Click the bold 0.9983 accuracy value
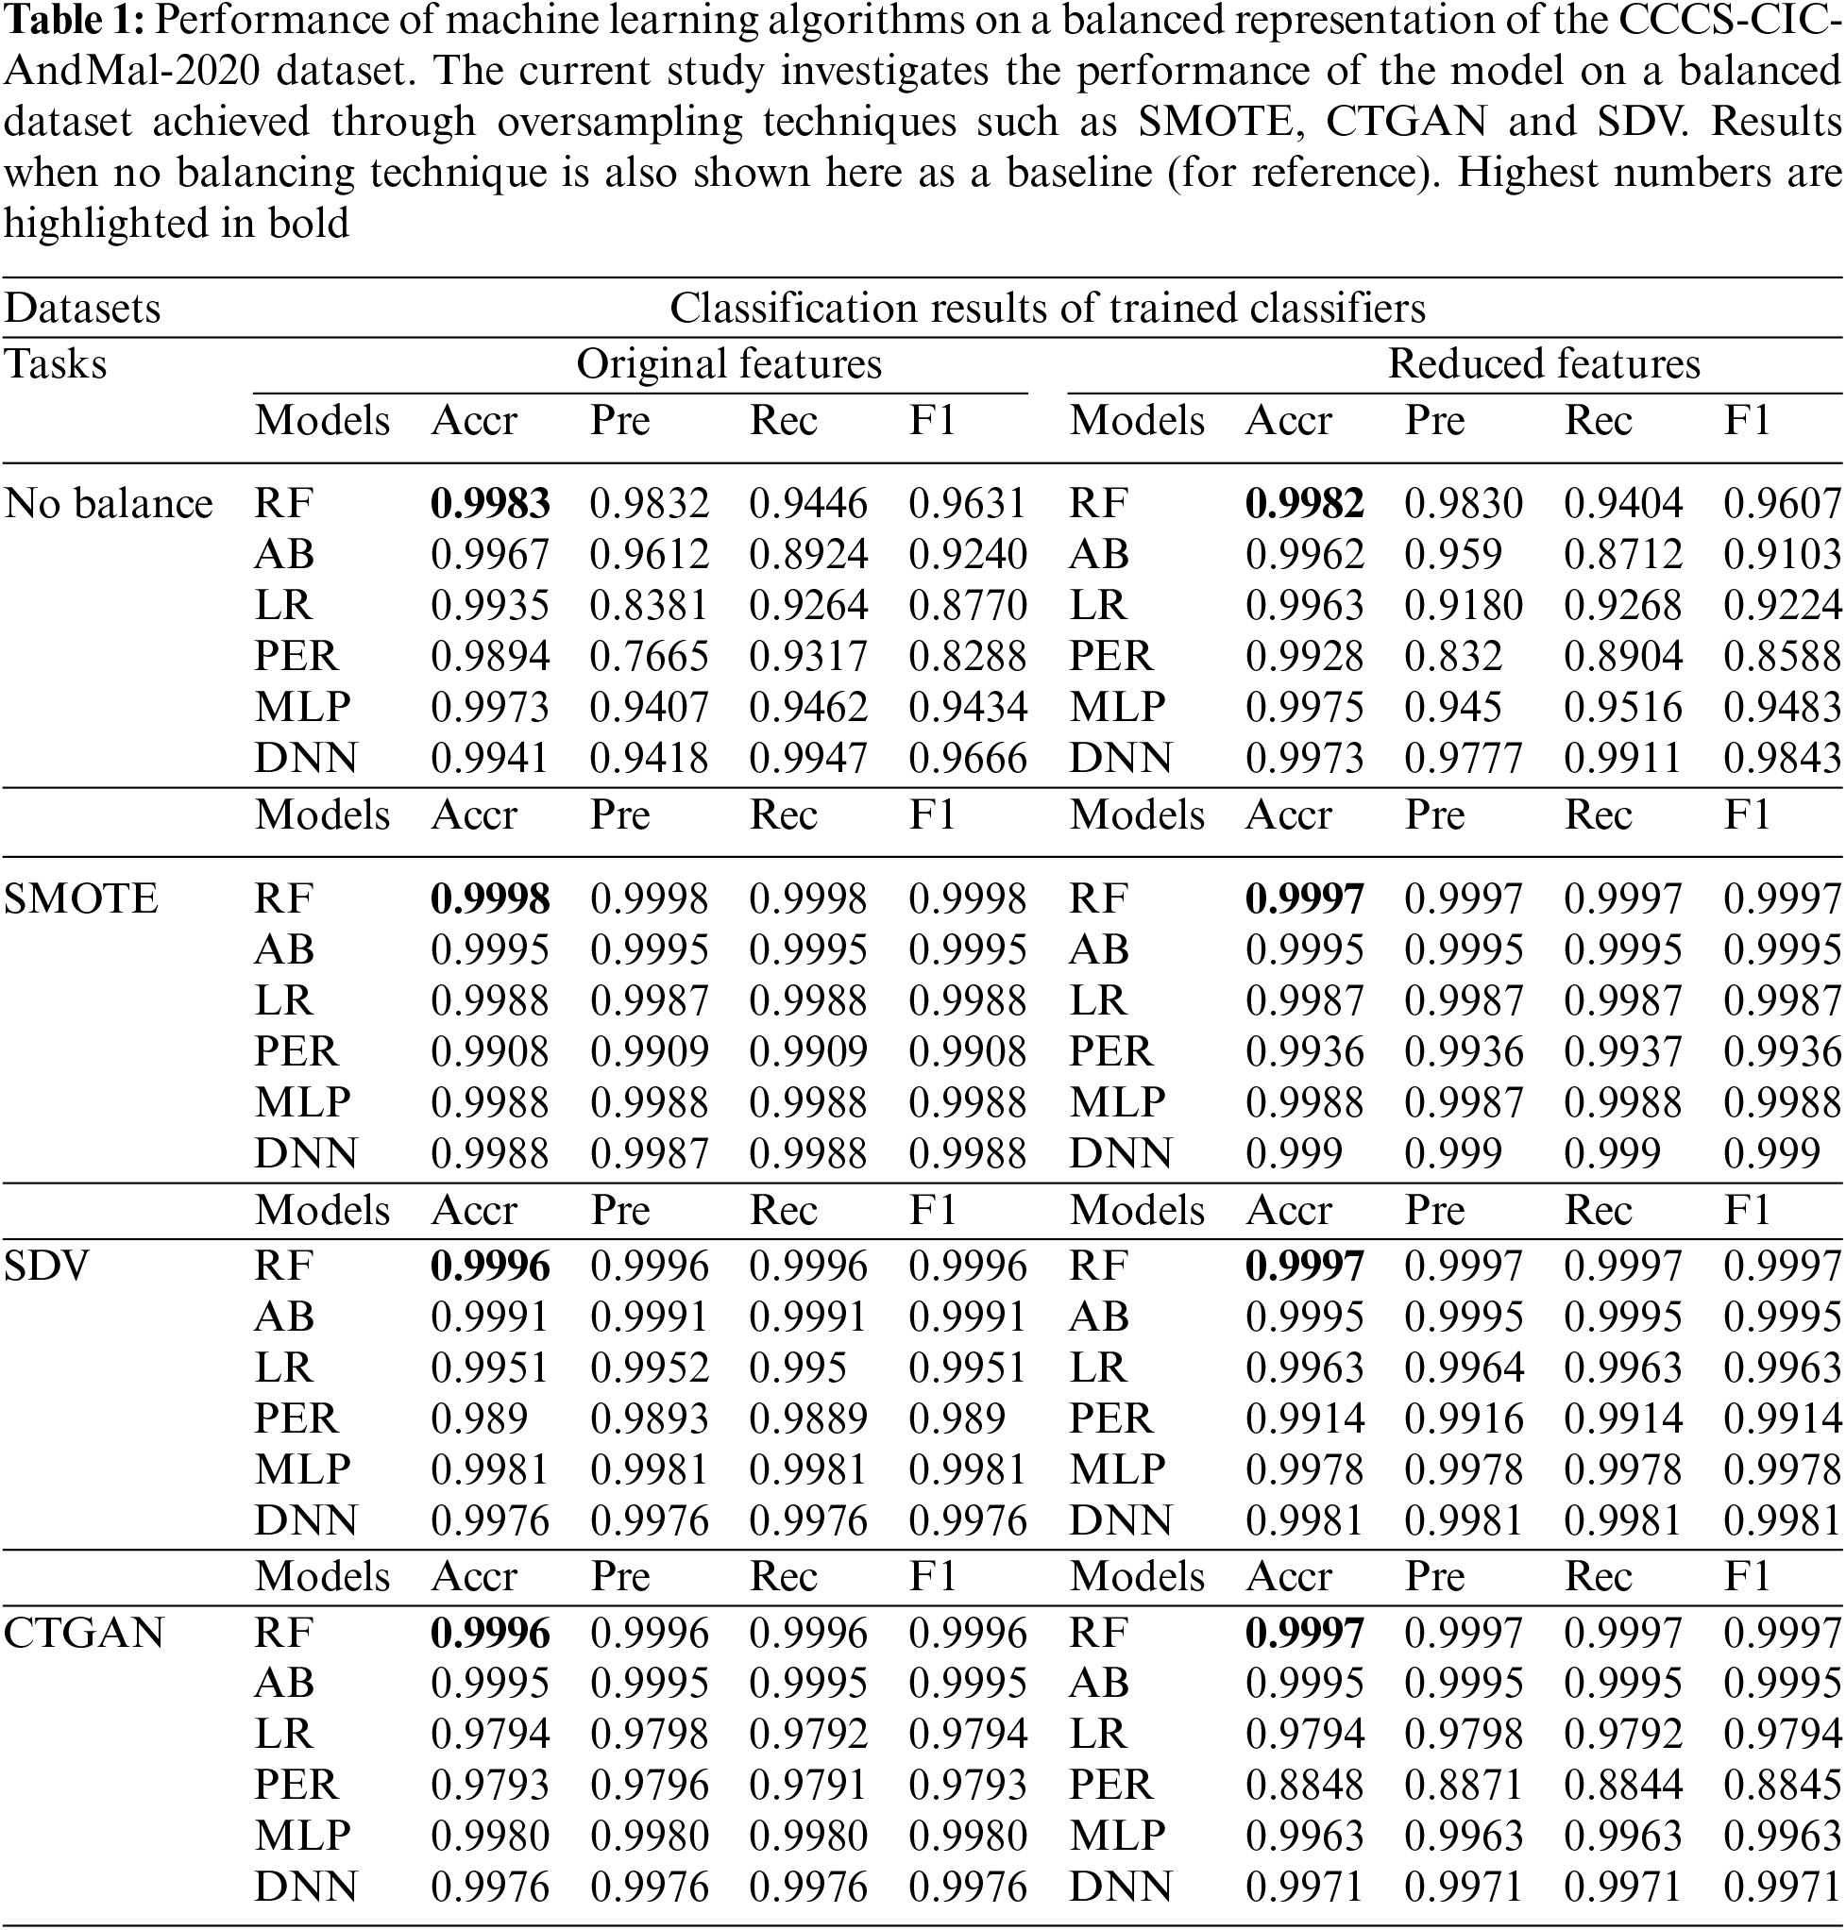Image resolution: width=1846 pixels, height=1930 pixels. coord(489,504)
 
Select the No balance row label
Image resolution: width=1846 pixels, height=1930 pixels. coord(109,504)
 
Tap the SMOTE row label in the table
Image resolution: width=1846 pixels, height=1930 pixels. coord(80,899)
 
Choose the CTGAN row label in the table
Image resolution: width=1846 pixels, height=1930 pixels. coord(84,1633)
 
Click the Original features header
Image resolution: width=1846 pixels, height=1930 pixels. coord(728,364)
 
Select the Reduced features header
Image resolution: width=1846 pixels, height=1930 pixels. coord(1543,364)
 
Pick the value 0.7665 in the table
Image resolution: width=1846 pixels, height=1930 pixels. coord(649,657)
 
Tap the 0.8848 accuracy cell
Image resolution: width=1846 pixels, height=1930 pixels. coord(1304,1786)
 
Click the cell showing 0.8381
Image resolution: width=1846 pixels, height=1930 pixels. coord(649,606)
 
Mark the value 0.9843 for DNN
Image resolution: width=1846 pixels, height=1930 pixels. coord(1782,759)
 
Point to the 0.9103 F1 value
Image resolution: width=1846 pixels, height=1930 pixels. coord(1782,555)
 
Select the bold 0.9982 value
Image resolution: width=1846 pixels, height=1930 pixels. coord(1304,504)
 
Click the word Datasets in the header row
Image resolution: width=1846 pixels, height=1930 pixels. coord(81,309)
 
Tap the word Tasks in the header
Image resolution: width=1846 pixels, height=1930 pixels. coord(55,364)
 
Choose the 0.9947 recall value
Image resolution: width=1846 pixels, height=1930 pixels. coord(808,759)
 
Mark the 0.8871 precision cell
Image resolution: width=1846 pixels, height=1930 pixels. coord(1464,1786)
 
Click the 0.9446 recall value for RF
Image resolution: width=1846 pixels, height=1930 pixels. coord(808,504)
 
